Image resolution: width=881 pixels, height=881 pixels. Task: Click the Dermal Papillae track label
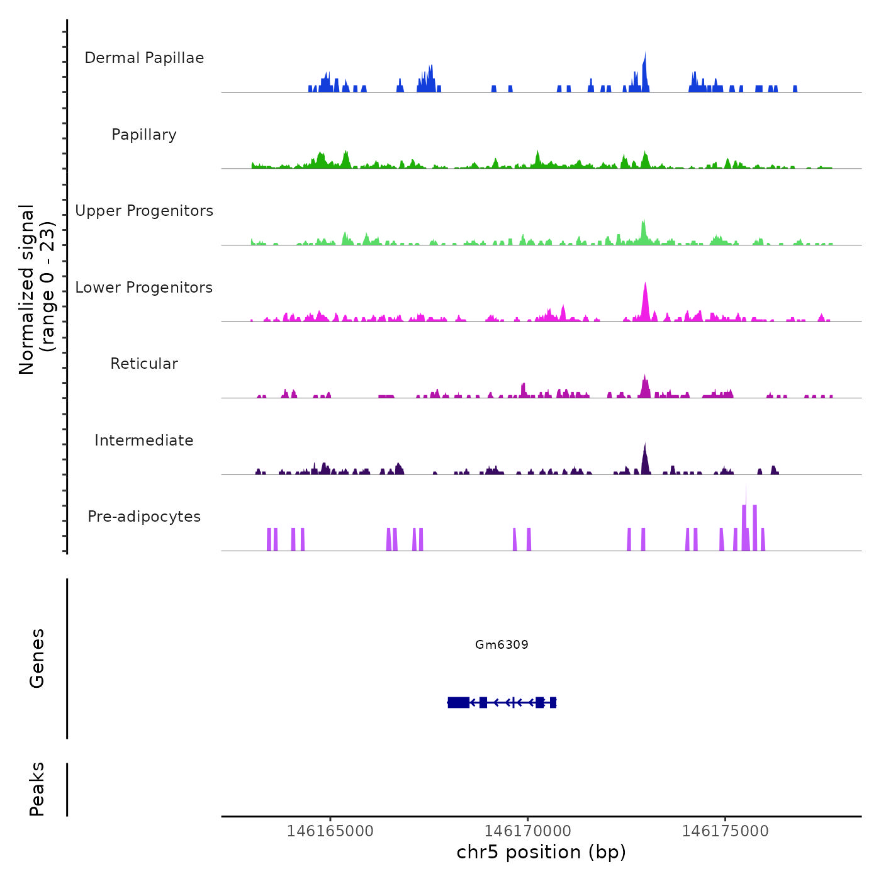coord(144,58)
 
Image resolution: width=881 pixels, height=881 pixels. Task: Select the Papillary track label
coord(144,135)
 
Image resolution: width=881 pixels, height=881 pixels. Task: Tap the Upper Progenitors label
coord(144,211)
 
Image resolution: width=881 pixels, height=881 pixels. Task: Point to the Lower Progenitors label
coord(144,288)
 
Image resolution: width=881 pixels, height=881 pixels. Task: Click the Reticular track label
coord(144,364)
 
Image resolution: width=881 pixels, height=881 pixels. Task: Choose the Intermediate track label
coord(144,441)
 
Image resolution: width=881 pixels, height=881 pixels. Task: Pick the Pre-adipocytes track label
coord(144,517)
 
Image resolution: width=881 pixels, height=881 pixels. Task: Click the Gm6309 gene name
coord(502,644)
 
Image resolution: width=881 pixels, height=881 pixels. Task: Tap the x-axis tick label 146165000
coord(330,831)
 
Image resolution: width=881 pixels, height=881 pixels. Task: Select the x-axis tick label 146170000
coord(527,831)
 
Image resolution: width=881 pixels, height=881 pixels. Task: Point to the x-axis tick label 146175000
coord(725,831)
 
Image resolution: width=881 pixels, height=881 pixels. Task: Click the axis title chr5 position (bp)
coord(541,852)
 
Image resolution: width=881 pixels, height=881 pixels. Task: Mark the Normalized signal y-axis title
coord(36,289)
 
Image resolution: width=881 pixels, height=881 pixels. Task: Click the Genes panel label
coord(37,658)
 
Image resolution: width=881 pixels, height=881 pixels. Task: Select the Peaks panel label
coord(37,789)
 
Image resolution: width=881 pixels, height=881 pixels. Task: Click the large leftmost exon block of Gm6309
coord(458,702)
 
